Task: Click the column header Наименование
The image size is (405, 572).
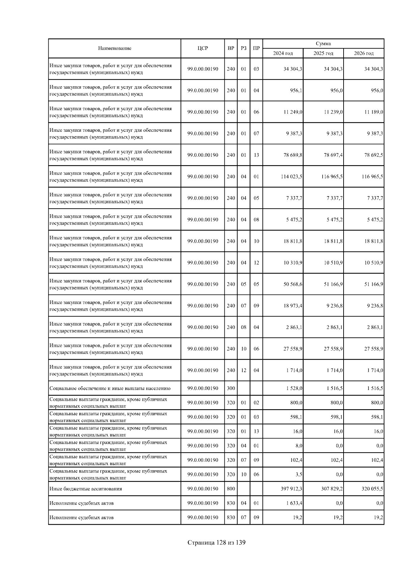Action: [x=114, y=48]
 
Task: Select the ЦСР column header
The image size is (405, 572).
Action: [x=202, y=48]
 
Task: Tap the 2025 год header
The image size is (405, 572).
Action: [x=323, y=53]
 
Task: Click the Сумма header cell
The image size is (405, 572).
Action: [x=323, y=43]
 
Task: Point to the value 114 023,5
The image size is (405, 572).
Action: [x=291, y=177]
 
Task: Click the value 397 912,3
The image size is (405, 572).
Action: [x=291, y=489]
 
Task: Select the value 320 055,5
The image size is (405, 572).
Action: [x=372, y=489]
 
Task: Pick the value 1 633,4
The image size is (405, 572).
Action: [x=294, y=503]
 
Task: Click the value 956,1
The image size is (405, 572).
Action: [x=296, y=90]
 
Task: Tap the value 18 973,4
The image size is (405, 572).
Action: [x=293, y=306]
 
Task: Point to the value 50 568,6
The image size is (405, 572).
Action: [x=293, y=284]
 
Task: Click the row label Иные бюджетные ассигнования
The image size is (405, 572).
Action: [x=85, y=489]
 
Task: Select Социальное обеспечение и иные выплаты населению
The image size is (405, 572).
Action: [x=110, y=388]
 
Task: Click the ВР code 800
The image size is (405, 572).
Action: [x=231, y=489]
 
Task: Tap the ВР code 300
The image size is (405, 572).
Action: [x=231, y=388]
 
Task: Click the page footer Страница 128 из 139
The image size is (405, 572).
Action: [x=216, y=543]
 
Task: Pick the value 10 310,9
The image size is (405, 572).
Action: [x=293, y=263]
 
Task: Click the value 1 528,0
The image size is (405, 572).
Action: [x=294, y=388]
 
